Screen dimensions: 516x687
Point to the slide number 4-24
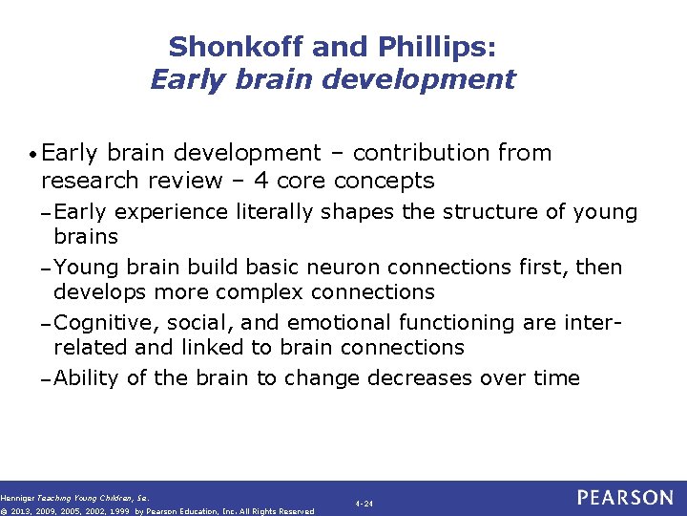point(363,502)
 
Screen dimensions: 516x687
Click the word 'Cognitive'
point(100,322)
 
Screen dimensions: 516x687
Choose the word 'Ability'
point(86,377)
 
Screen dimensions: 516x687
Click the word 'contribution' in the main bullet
point(414,153)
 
